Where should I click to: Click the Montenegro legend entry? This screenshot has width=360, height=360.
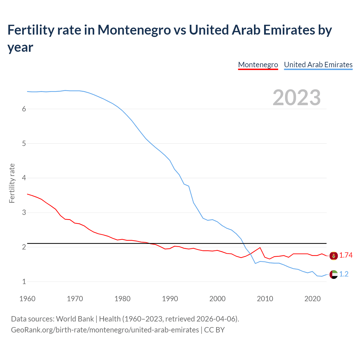258,65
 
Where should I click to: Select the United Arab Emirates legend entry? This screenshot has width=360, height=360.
318,65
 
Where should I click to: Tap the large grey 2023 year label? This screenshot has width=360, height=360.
297,98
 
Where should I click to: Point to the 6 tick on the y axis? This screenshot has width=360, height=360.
24,109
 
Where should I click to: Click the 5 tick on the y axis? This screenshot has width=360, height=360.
24,144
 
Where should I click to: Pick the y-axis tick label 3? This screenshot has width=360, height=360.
24,213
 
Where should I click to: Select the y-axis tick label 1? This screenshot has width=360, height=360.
24,282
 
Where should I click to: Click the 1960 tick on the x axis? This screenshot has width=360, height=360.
27,299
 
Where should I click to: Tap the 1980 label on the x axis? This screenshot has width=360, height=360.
122,299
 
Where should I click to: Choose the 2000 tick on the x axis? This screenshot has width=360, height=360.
217,299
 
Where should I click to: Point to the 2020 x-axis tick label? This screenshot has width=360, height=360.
312,299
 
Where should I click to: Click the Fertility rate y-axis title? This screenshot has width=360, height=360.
12,183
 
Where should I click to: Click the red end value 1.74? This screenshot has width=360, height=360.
346,255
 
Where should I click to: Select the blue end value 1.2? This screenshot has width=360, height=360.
344,274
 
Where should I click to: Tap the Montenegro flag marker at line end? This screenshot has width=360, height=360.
334,256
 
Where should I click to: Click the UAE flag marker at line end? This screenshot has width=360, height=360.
334,274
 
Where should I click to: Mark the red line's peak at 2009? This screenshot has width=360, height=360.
260,248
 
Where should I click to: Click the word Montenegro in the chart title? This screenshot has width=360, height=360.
134,30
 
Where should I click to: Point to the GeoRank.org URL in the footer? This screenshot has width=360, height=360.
105,330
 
